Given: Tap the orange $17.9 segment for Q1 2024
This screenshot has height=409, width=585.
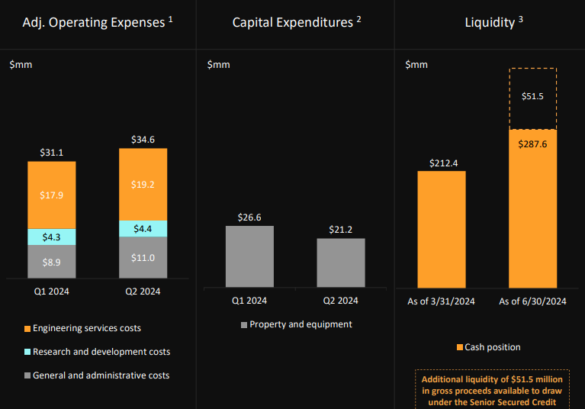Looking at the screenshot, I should (51, 195).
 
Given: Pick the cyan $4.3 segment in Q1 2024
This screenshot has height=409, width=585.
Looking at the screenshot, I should (51, 237).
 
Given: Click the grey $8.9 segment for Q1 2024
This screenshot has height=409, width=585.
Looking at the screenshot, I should (51, 262).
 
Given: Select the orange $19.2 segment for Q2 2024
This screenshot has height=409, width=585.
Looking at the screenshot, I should (143, 184).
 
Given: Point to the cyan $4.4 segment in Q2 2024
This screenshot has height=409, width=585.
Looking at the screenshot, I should (143, 229).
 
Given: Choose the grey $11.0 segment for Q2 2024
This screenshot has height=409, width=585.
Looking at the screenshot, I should (143, 258).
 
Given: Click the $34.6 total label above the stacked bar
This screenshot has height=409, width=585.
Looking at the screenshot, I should (143, 140).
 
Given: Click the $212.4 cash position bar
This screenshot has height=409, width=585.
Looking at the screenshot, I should (442, 229).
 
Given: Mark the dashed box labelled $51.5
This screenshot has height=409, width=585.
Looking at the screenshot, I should (533, 98).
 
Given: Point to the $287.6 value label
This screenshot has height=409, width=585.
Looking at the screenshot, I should (533, 143).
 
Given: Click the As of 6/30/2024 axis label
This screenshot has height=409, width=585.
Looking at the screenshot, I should (533, 301).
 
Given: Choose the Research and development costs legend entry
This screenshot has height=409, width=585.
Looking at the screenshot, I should (97, 352).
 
